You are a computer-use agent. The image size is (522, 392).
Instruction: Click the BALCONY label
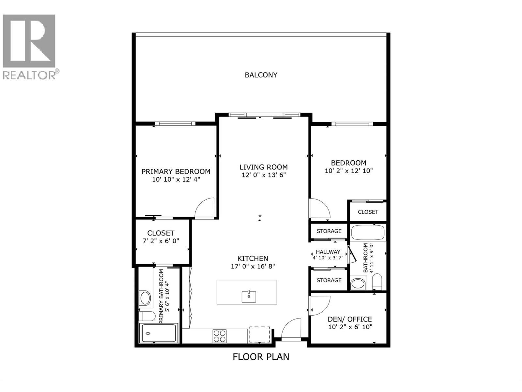(261, 75)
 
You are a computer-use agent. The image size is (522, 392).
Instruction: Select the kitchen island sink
(249, 296)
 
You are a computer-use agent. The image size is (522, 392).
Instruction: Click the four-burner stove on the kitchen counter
(220, 336)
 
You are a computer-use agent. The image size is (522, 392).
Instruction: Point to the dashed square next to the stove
(260, 335)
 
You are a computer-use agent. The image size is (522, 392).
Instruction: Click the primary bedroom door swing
(205, 208)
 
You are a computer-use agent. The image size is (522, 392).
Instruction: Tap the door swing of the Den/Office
(320, 305)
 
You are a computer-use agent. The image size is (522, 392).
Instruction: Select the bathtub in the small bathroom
(368, 233)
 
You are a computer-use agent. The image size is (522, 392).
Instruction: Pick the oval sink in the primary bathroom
(145, 298)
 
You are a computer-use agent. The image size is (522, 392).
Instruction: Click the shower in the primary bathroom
(159, 333)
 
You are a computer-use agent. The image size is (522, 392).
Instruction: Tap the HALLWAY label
(328, 252)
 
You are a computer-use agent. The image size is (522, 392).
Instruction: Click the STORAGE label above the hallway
(329, 231)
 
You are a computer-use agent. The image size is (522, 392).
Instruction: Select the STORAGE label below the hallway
(329, 280)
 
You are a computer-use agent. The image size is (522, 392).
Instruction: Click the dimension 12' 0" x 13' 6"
(264, 175)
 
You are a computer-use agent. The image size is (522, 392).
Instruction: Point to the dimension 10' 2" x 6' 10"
(350, 327)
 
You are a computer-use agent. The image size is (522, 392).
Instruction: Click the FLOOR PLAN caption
(261, 356)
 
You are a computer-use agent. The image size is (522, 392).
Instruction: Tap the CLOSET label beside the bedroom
(368, 212)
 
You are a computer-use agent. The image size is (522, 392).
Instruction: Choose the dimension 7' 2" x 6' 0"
(161, 241)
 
